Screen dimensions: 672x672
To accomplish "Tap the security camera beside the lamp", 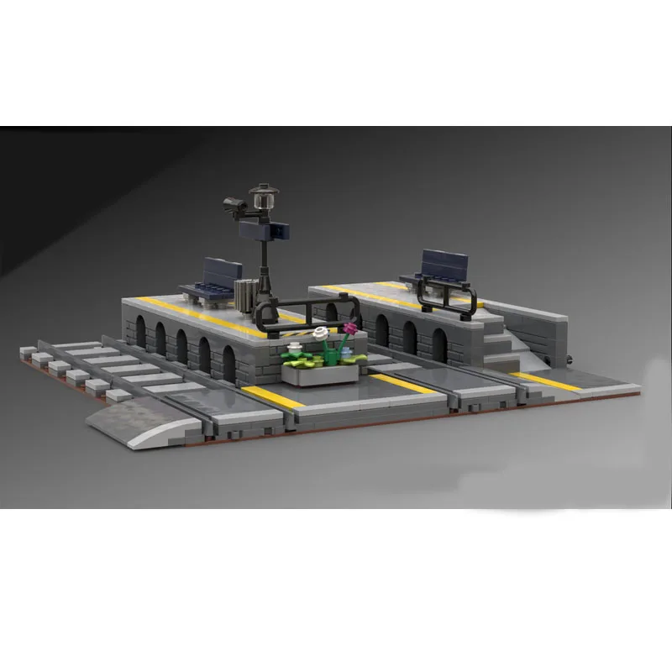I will [x=234, y=203].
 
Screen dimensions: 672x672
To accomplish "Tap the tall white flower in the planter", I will [x=319, y=334].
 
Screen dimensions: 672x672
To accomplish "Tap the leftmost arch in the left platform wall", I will [x=139, y=329].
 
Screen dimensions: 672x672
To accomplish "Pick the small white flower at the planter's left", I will [x=295, y=346].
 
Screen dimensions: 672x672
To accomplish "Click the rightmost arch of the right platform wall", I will [x=439, y=341].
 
